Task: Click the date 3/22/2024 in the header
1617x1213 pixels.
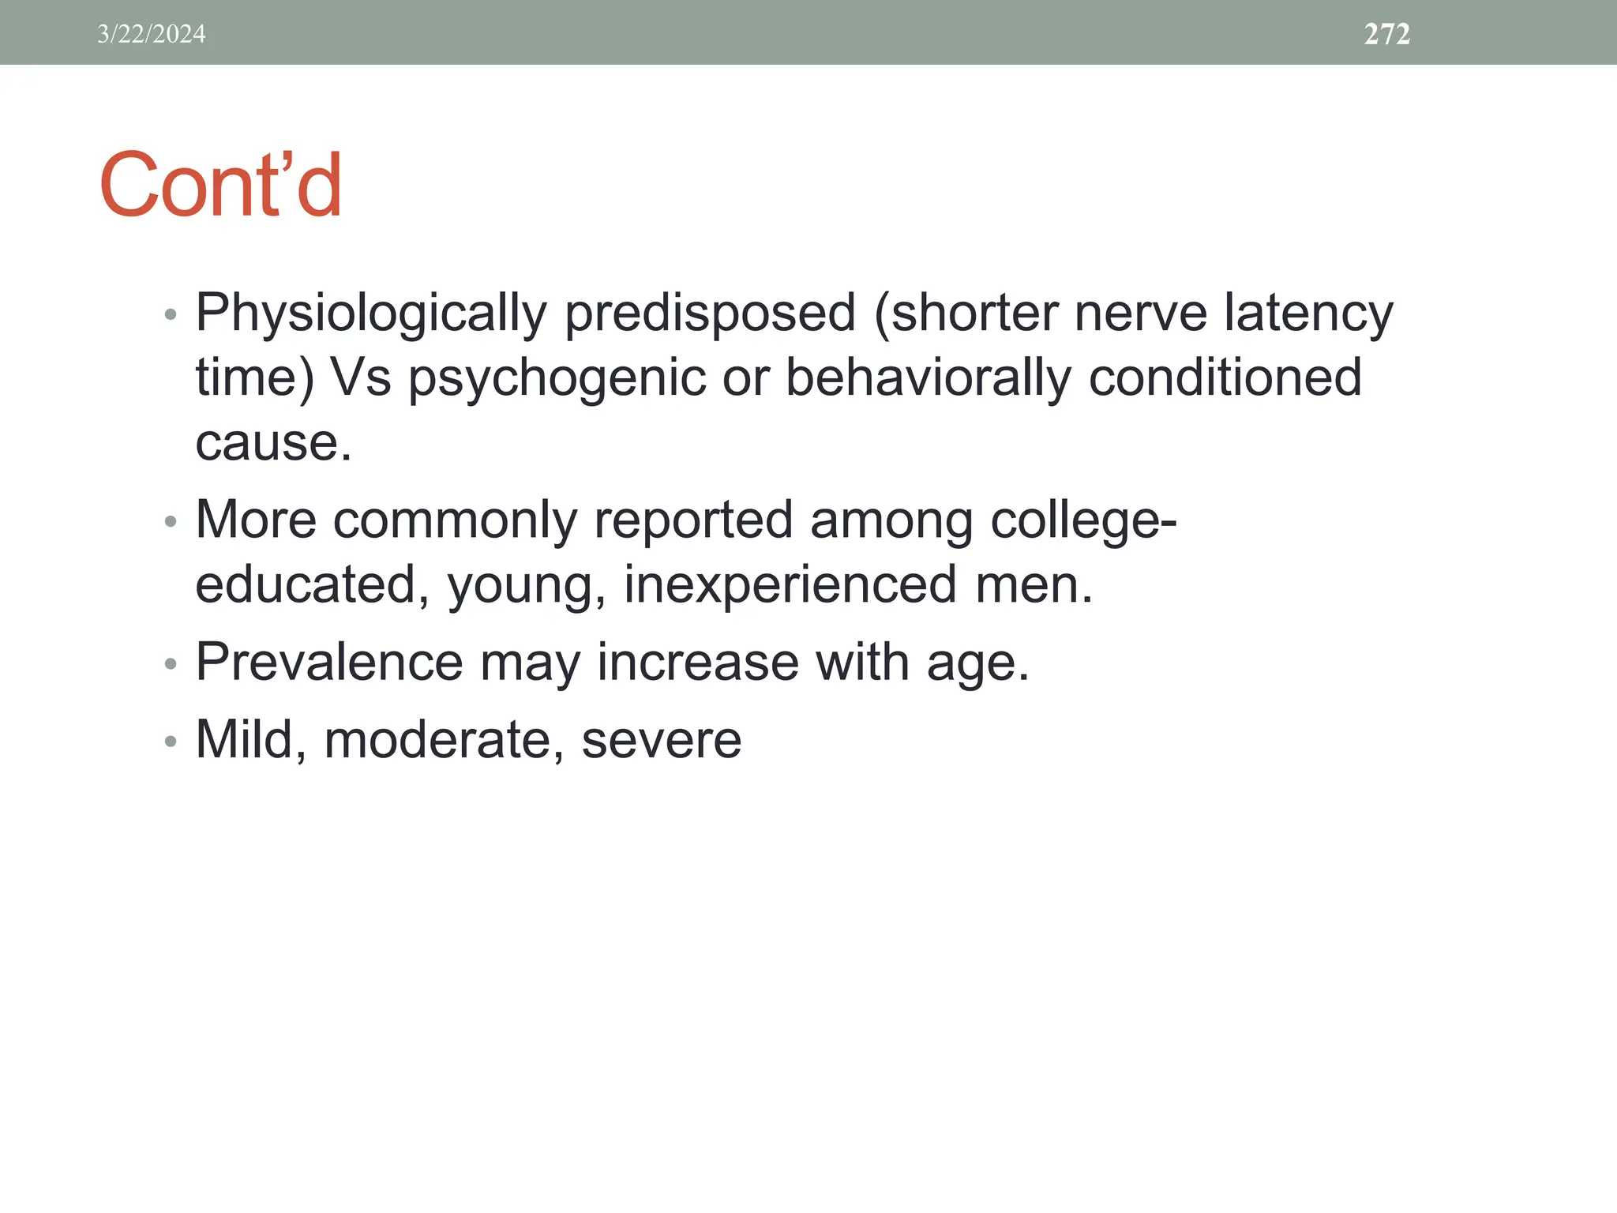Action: pyautogui.click(x=151, y=34)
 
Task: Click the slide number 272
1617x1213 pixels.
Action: pyautogui.click(x=1386, y=34)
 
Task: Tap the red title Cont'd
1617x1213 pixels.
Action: pyautogui.click(x=220, y=186)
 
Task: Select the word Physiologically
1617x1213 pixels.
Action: pyautogui.click(x=370, y=314)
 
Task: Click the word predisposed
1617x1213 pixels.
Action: pyautogui.click(x=710, y=314)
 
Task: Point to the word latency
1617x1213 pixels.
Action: pyautogui.click(x=1308, y=314)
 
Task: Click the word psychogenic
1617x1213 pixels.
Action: pyautogui.click(x=556, y=379)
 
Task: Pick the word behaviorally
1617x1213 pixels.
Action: pyautogui.click(x=928, y=377)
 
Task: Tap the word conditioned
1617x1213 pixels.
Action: pyautogui.click(x=1225, y=377)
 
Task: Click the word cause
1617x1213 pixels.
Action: pyautogui.click(x=272, y=443)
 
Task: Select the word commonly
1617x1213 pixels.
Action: pyautogui.click(x=455, y=522)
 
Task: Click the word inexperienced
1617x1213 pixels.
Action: pyautogui.click(x=790, y=585)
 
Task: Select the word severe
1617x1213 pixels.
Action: pyautogui.click(x=661, y=741)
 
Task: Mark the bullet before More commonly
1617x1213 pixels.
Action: pyautogui.click(x=171, y=522)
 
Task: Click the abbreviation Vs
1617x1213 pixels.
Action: pyautogui.click(x=360, y=378)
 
